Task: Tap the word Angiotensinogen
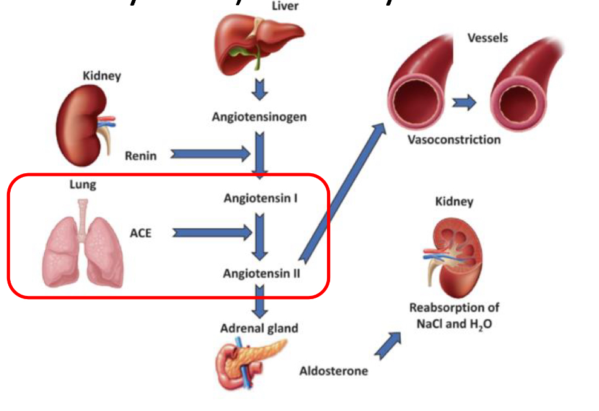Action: pos(259,117)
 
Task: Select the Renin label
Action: pos(140,155)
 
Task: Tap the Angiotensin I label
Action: pos(261,199)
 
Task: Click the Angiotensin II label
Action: pos(261,274)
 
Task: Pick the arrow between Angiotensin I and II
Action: pos(259,236)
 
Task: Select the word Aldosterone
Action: pos(333,371)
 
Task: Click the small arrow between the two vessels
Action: pos(464,103)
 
